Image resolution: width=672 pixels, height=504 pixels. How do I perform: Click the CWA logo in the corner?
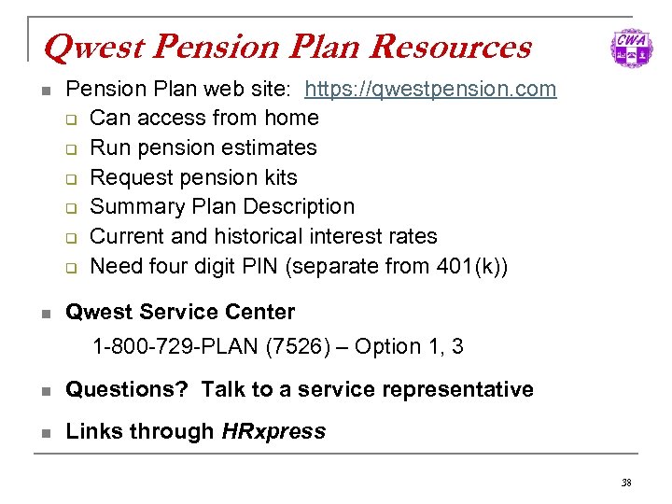coord(631,49)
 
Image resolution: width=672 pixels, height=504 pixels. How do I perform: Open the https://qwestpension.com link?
coord(430,89)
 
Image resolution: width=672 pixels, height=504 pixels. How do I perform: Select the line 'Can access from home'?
coord(204,118)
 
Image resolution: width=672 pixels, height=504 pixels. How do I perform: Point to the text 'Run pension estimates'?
coord(203,147)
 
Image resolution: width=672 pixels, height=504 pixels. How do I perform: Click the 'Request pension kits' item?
coord(193,177)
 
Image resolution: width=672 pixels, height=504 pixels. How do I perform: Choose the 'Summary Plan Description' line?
coord(222,206)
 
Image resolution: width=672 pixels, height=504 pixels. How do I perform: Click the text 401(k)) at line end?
coord(472,266)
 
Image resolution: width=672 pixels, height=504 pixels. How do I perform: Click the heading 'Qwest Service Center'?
coord(180,312)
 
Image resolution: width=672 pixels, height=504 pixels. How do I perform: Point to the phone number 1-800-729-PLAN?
coord(175,347)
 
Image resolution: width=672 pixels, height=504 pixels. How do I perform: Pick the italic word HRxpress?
coord(273,431)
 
